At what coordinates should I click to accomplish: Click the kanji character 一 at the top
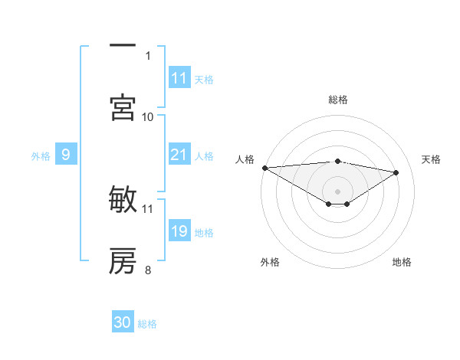tap(123, 46)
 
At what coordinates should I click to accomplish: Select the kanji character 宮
tap(123, 106)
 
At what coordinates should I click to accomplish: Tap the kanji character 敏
tap(123, 200)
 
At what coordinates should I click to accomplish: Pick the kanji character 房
tap(123, 261)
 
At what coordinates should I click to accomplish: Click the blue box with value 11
tap(179, 78)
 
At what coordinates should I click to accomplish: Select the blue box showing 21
tap(179, 155)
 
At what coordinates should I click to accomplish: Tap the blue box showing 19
tap(179, 232)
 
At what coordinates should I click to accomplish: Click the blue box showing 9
tap(66, 155)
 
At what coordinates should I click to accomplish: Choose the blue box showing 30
tap(123, 323)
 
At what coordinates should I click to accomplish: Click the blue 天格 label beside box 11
tap(204, 79)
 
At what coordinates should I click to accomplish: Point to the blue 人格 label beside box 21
tap(204, 156)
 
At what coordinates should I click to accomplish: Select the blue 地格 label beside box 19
tap(204, 233)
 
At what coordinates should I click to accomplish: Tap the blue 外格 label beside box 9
tap(41, 156)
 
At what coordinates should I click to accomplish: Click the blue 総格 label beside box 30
tap(147, 324)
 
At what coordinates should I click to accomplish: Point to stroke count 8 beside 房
tap(148, 269)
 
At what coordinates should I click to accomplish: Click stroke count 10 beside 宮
tap(148, 116)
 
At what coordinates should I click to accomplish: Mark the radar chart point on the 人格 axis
tap(264, 168)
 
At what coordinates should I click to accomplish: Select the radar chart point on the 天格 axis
tap(396, 172)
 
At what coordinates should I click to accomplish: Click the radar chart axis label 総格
tap(338, 100)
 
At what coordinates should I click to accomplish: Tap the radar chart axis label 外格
tap(270, 262)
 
